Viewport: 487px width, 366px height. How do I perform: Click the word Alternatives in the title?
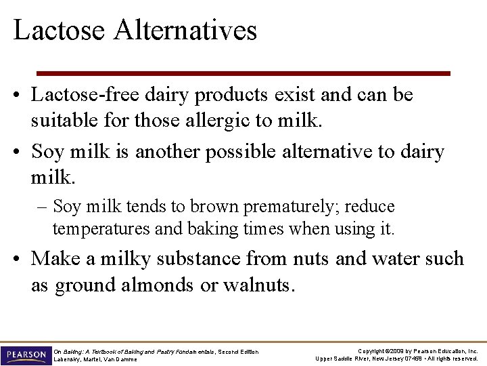[186, 30]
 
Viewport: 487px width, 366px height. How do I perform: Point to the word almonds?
[159, 285]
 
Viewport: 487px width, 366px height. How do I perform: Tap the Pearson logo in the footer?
[26, 355]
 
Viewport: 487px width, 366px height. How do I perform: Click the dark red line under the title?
[243, 73]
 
